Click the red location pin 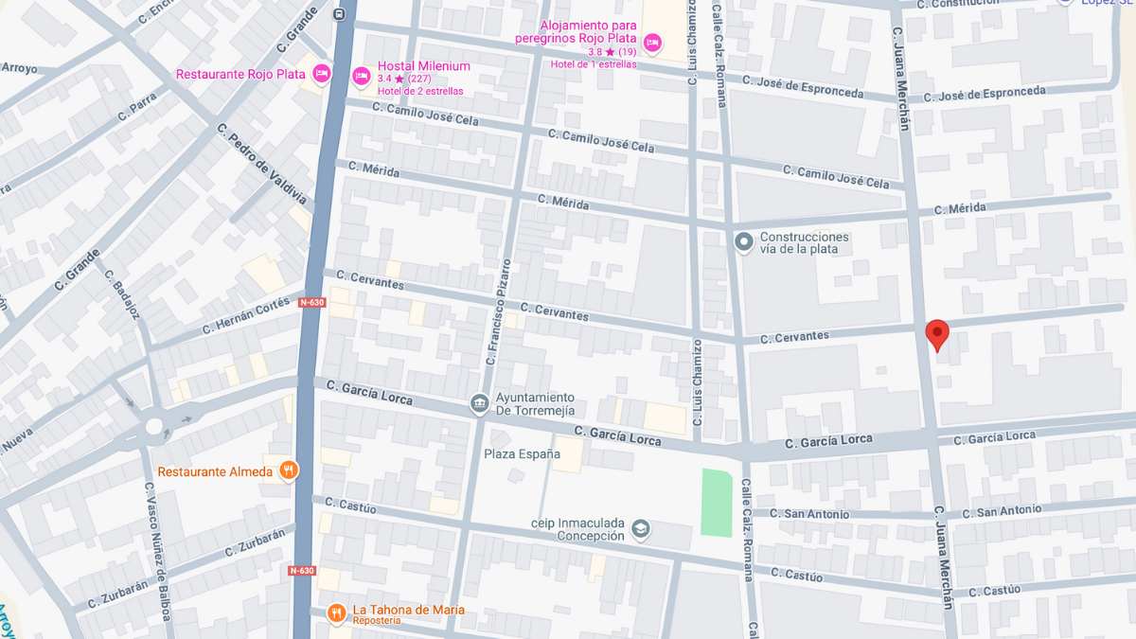(x=936, y=334)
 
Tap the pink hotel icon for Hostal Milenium (x=361, y=75)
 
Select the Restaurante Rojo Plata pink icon (x=321, y=74)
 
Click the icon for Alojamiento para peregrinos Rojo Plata (x=651, y=43)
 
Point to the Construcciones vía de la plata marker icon (x=744, y=243)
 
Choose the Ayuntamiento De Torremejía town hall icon (x=480, y=404)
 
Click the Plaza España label (x=518, y=453)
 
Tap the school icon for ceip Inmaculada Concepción (x=641, y=528)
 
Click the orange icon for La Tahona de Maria (x=335, y=613)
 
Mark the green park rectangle (x=718, y=503)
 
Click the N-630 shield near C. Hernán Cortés (x=311, y=303)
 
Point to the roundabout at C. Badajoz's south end (x=153, y=426)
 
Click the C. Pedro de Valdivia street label (x=261, y=165)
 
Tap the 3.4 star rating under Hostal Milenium (x=404, y=79)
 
